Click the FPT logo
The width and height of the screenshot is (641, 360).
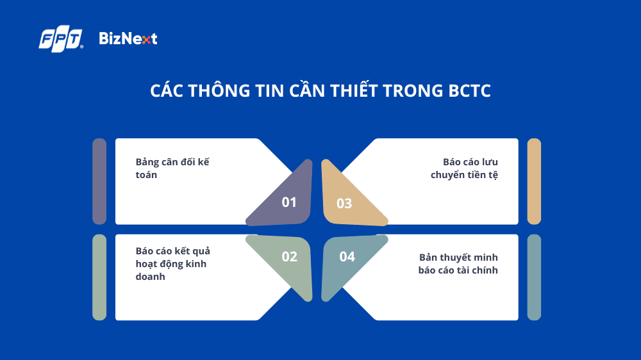point(61,40)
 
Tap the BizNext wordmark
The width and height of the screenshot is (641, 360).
point(128,39)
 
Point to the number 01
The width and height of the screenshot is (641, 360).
point(289,202)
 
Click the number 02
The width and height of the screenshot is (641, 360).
point(289,257)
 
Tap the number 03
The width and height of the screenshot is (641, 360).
point(344,204)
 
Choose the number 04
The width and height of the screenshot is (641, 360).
point(347,257)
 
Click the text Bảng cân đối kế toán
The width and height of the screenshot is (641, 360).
point(172,168)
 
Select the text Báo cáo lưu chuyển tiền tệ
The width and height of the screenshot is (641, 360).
point(464,168)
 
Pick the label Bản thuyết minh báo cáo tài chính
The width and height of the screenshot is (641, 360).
point(458,263)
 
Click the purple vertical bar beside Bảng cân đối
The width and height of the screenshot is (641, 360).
point(99,181)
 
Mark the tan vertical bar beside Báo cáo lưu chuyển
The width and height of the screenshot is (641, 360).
point(534,181)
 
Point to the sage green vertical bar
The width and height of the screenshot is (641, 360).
point(99,277)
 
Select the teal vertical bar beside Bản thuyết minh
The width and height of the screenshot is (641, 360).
point(534,277)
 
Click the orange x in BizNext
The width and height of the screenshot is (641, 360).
point(147,40)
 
